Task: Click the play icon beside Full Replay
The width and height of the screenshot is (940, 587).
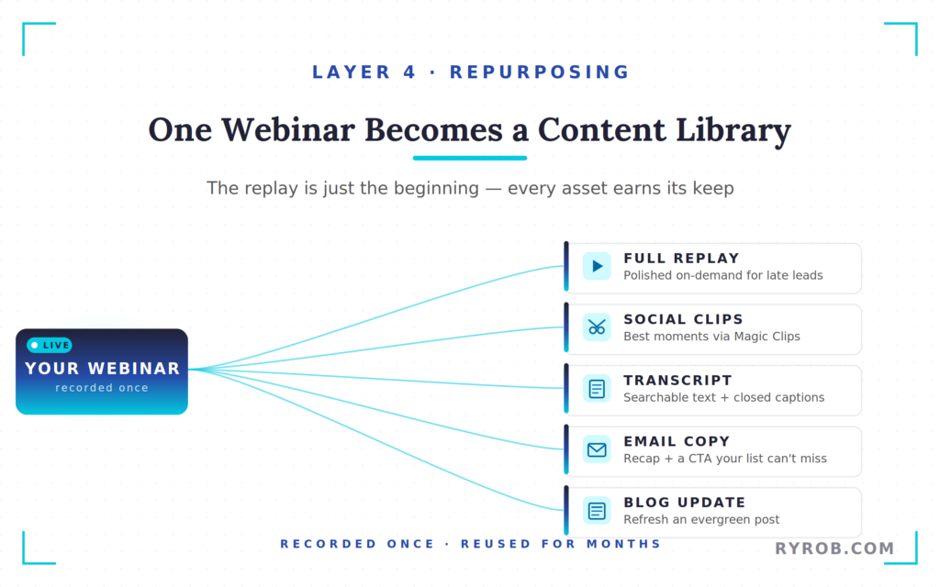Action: tap(597, 266)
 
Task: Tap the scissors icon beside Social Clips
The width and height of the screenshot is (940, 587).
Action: tap(597, 327)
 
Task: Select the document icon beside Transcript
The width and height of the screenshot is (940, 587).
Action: tap(597, 388)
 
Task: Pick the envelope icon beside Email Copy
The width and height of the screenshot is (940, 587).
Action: tap(597, 449)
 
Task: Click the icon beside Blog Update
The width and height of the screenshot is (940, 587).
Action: tap(597, 510)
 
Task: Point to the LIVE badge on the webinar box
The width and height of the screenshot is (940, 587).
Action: tap(50, 346)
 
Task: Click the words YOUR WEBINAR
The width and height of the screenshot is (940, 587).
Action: tap(102, 369)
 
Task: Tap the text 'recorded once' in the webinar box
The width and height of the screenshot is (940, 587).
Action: tap(102, 388)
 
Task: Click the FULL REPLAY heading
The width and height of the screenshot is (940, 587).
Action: tap(681, 259)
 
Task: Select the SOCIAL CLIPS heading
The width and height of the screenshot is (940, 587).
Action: tap(683, 319)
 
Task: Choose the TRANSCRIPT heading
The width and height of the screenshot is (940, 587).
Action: tap(677, 380)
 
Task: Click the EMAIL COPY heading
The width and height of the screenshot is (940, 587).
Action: tap(677, 441)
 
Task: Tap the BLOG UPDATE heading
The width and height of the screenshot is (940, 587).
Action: tap(684, 502)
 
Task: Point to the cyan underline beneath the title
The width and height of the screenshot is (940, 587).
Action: tap(469, 158)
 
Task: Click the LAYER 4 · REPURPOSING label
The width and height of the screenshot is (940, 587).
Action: tap(470, 72)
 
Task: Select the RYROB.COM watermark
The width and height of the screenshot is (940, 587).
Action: tap(834, 548)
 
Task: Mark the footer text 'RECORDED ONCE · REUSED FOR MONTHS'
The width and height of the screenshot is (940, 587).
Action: tap(470, 544)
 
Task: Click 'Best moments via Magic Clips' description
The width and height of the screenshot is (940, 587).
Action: tap(711, 337)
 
